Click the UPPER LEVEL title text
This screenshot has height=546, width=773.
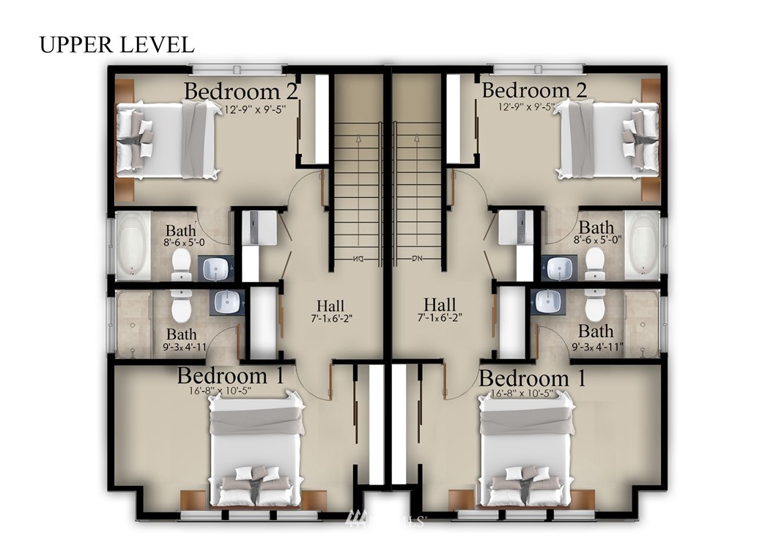click(116, 45)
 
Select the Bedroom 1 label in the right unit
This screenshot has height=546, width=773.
click(533, 379)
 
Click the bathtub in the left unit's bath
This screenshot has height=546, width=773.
click(133, 246)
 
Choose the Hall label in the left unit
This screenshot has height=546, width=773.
click(330, 306)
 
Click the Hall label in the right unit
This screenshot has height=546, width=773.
click(440, 304)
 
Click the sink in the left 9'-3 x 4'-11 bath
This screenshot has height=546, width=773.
click(227, 303)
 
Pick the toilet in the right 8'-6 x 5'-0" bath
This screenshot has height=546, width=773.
click(595, 263)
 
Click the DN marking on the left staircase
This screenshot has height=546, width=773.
click(358, 259)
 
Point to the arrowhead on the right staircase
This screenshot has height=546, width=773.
click(417, 139)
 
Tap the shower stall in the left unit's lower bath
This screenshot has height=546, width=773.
click(133, 323)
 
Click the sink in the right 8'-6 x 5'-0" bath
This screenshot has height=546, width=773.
click(560, 268)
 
